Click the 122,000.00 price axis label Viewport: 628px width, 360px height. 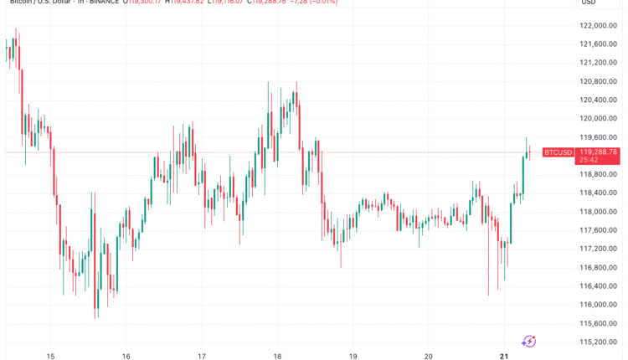(599, 26)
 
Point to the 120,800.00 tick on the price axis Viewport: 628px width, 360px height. (599, 81)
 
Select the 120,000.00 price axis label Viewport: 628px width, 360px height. (599, 119)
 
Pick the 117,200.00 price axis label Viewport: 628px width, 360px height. (599, 249)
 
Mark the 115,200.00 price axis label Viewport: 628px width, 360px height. (599, 342)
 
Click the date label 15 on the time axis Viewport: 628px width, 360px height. (50, 354)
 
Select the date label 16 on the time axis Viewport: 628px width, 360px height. (126, 354)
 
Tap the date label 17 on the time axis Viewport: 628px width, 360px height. (202, 354)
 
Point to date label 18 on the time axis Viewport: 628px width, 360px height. (277, 354)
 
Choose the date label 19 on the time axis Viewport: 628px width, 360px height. (353, 354)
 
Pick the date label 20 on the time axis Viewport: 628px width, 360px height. (429, 354)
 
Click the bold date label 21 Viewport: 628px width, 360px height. (504, 354)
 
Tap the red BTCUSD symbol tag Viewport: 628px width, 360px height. (558, 152)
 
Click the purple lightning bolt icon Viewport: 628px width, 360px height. (529, 340)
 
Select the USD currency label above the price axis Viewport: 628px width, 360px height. (588, 3)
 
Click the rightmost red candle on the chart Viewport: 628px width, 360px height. (530, 152)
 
